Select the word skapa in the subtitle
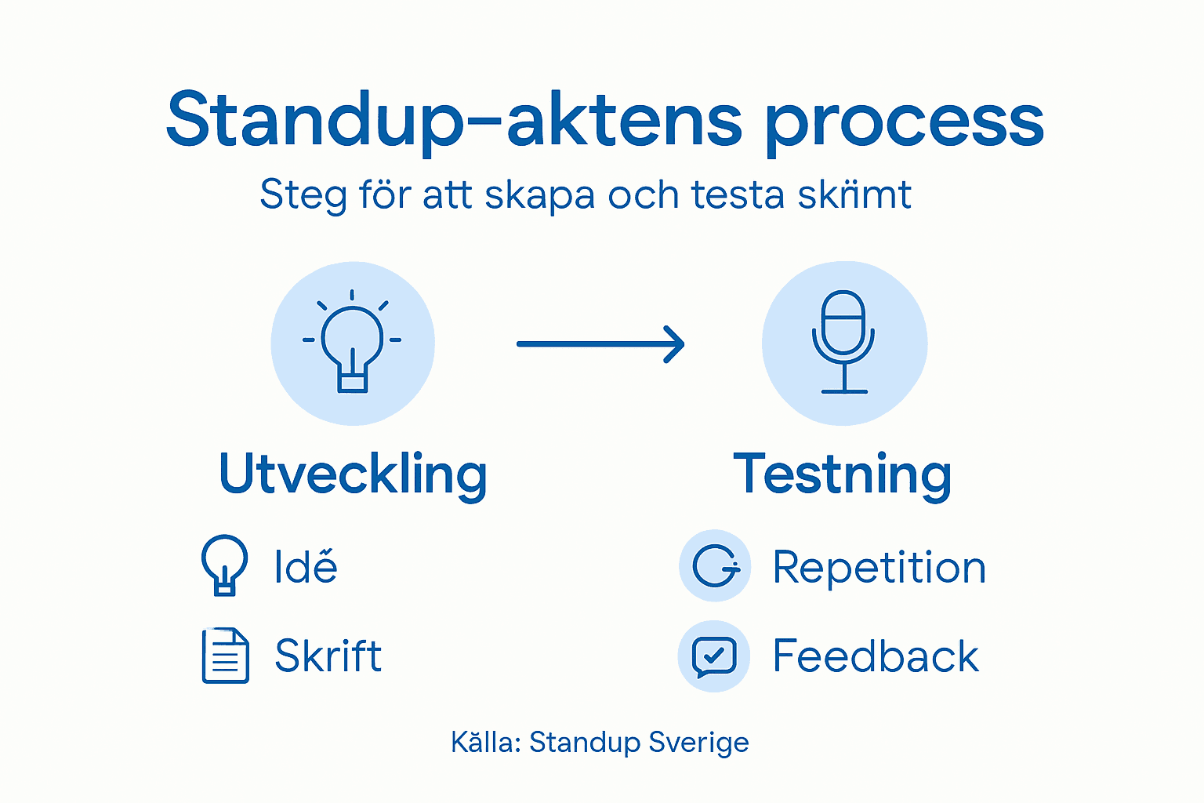click(539, 194)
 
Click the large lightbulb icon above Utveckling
click(352, 343)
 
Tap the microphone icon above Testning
click(843, 343)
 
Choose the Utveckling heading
click(353, 474)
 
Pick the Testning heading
click(843, 474)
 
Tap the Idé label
click(306, 566)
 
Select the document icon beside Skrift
click(226, 656)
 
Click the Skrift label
click(328, 656)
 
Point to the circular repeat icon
click(715, 566)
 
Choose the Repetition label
click(879, 567)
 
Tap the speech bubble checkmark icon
click(714, 656)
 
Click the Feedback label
click(876, 656)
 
